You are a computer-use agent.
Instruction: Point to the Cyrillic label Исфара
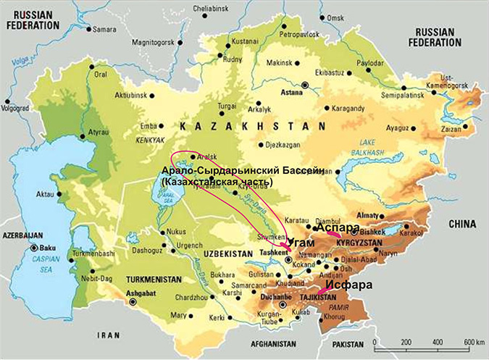348,285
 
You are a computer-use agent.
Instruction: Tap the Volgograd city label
16,110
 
